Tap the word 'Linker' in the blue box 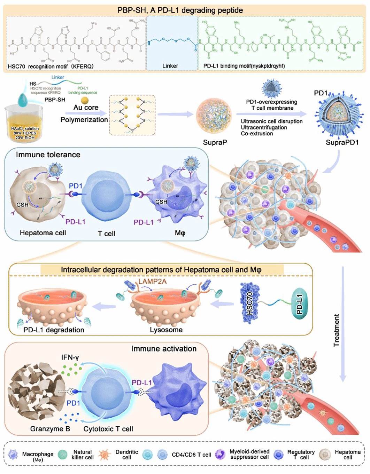(170, 66)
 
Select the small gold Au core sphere (85, 101)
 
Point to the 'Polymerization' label (84, 120)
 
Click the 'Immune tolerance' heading (48, 155)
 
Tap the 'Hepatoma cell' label (43, 233)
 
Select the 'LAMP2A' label (153, 281)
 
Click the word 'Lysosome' (166, 330)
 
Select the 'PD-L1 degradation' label (54, 330)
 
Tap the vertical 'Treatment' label (337, 330)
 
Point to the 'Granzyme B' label (50, 429)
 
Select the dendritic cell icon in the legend (105, 455)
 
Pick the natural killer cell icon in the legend (63, 455)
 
